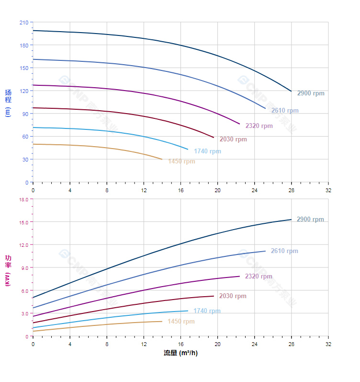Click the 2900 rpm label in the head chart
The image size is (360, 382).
tap(311, 93)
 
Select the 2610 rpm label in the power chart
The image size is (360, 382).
tap(284, 251)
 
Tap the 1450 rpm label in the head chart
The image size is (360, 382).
tap(181, 162)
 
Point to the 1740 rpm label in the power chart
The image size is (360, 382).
tap(207, 311)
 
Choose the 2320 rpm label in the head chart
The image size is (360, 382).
tap(259, 126)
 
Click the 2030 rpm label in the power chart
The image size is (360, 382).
tap(233, 296)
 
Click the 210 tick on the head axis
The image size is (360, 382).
tap(23, 23)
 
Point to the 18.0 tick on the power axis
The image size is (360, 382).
tap(23, 199)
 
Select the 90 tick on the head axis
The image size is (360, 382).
tap(25, 114)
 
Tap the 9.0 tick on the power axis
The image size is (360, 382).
tap(24, 267)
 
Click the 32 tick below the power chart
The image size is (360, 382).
tap(328, 344)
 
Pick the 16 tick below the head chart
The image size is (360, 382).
tap(180, 190)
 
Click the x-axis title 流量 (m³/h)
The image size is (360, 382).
tap(180, 353)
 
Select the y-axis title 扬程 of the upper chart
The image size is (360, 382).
tap(8, 96)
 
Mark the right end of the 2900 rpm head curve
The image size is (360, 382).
tap(291, 91)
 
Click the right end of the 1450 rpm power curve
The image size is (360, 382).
tap(162, 321)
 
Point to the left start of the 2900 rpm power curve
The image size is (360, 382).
tap(33, 298)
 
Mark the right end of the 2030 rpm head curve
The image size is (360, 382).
tap(214, 138)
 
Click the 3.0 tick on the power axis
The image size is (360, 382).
tap(24, 313)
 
